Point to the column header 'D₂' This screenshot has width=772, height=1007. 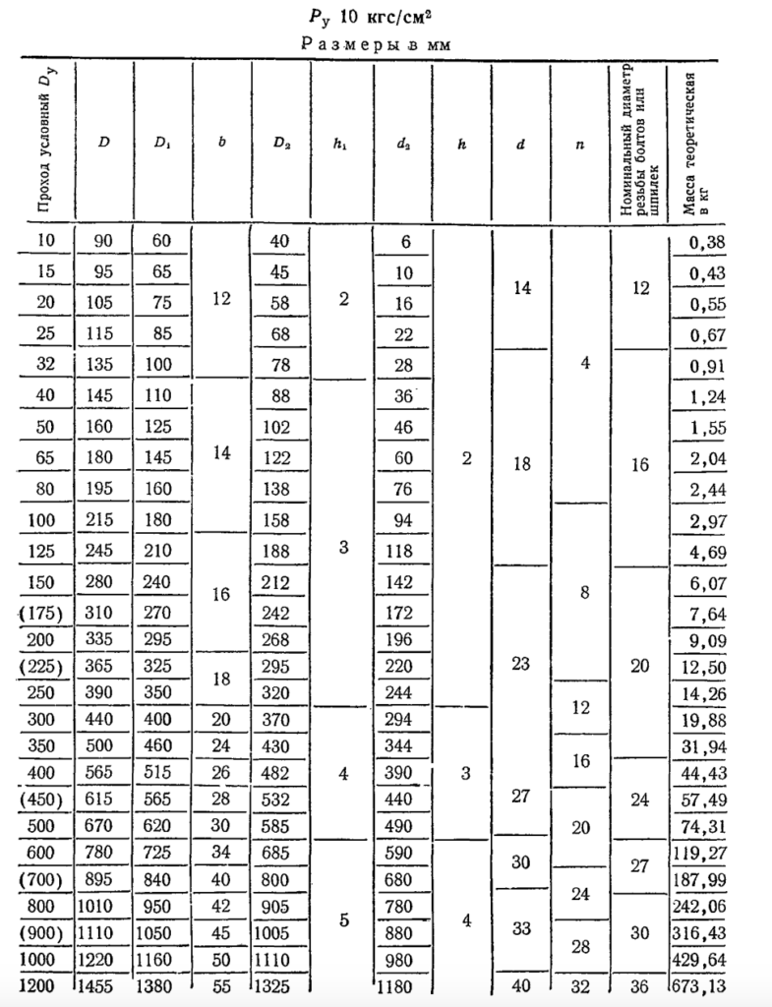[x=281, y=142]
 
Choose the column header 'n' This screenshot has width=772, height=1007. [x=581, y=142]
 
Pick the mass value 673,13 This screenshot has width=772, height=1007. [x=702, y=986]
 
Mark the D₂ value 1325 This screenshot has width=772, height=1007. [x=281, y=986]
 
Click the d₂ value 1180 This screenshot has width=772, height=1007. [x=404, y=986]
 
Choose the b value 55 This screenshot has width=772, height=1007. [x=221, y=986]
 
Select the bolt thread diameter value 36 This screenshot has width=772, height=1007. [x=640, y=986]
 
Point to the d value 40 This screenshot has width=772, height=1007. [x=520, y=986]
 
